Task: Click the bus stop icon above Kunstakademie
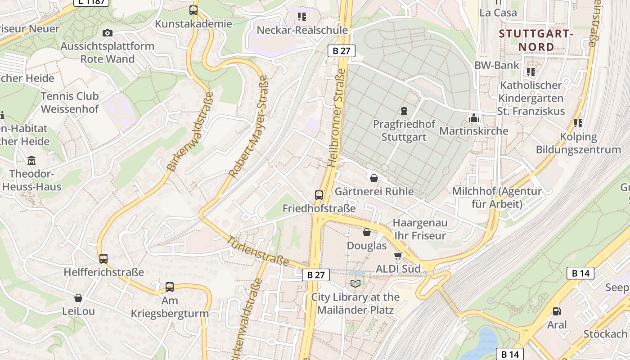[x=193, y=10]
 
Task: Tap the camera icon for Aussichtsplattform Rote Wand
[x=108, y=33]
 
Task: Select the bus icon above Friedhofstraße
[x=319, y=195]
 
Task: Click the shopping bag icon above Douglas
[x=367, y=232]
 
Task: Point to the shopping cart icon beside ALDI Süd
[x=398, y=256]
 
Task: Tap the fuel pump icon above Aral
[x=557, y=311]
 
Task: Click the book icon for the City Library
[x=355, y=283]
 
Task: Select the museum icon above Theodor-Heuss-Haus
[x=31, y=160]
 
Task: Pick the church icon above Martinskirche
[x=473, y=118]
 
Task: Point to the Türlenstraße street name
[x=258, y=251]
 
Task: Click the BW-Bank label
[x=497, y=65]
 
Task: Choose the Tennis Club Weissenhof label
[x=70, y=103]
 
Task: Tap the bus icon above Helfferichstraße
[x=103, y=259]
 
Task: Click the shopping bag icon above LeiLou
[x=78, y=298]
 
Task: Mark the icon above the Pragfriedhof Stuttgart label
[x=404, y=110]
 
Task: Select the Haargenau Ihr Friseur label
[x=420, y=229]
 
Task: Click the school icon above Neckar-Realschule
[x=301, y=17]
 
